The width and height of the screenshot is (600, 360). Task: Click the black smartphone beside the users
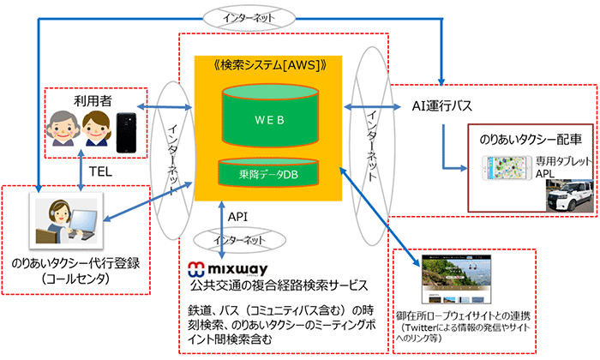click(x=129, y=129)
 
